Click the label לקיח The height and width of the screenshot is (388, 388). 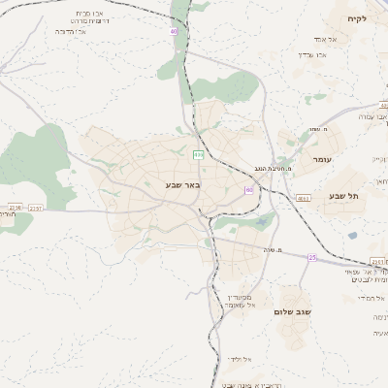361,18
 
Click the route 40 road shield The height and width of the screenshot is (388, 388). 174,32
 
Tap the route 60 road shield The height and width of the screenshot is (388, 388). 249,190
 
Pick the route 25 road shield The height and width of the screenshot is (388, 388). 312,257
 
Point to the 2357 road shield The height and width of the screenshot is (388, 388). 36,207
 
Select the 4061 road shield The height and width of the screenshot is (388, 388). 304,198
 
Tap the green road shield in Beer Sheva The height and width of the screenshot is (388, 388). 199,154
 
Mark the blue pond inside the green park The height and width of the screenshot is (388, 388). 260,222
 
